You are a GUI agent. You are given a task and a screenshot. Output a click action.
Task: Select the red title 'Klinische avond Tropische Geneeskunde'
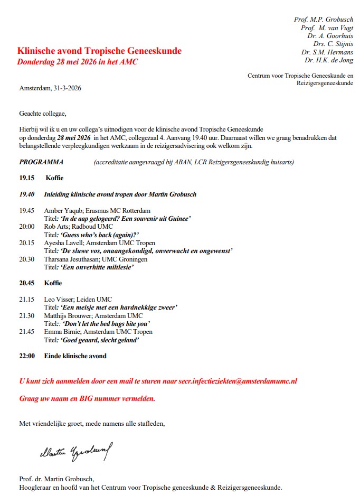[99, 51]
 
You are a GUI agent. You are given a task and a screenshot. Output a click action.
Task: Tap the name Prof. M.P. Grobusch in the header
[324, 20]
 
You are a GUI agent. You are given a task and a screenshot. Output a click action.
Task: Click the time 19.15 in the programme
[27, 178]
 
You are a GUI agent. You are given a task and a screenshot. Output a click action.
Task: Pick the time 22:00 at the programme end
[27, 356]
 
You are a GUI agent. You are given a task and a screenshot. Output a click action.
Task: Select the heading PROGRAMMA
[41, 162]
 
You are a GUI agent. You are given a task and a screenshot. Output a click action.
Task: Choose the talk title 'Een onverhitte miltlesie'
[97, 267]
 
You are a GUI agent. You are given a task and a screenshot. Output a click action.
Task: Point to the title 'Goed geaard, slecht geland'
[100, 340]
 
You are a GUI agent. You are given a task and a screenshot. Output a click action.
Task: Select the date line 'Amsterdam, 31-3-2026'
[50, 88]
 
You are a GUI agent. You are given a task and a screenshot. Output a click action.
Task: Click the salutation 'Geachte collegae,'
[43, 113]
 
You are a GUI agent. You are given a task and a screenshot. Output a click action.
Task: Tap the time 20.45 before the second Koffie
[27, 283]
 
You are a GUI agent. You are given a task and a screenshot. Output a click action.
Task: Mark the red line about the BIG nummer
[87, 398]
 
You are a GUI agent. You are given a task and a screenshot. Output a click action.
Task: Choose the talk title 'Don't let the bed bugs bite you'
[107, 324]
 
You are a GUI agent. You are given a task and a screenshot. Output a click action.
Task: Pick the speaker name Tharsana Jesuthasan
[77, 259]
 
